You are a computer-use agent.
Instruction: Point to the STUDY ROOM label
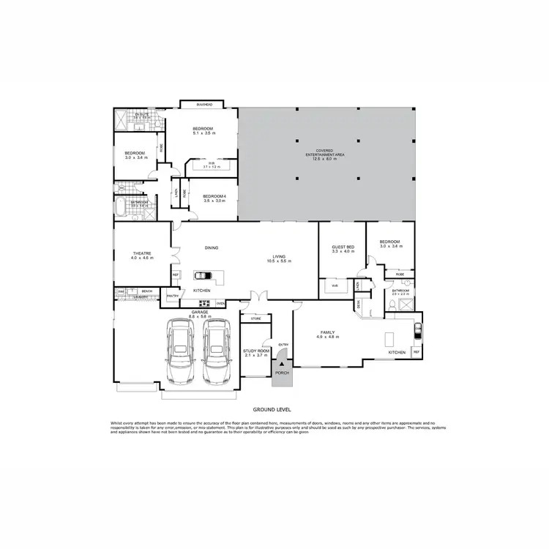coord(256,351)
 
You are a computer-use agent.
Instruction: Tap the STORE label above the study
coord(256,318)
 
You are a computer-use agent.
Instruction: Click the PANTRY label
coord(173,296)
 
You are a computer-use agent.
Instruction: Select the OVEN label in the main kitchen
coord(220,302)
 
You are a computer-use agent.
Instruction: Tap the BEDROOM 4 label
coord(214,196)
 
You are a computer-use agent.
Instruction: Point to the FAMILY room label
coord(325,331)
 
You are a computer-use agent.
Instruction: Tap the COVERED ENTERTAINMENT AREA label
coord(325,154)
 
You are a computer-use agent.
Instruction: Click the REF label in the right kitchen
coord(417,352)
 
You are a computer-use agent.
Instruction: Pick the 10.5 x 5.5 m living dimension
coord(280,261)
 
